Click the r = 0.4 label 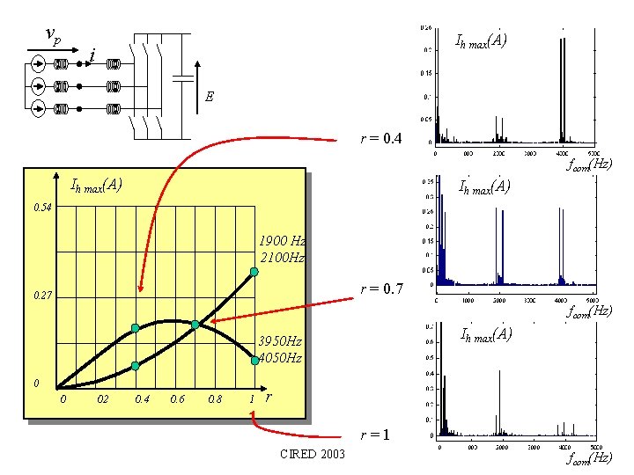click(381, 139)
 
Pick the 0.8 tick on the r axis click(213, 399)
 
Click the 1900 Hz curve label click(282, 241)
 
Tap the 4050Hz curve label click(279, 358)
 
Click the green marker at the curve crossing click(195, 325)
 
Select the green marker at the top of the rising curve click(254, 272)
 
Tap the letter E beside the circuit click(209, 97)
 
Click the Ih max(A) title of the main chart click(96, 185)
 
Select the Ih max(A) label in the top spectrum click(480, 40)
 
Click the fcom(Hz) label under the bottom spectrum click(588, 458)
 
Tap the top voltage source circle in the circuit click(38, 64)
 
